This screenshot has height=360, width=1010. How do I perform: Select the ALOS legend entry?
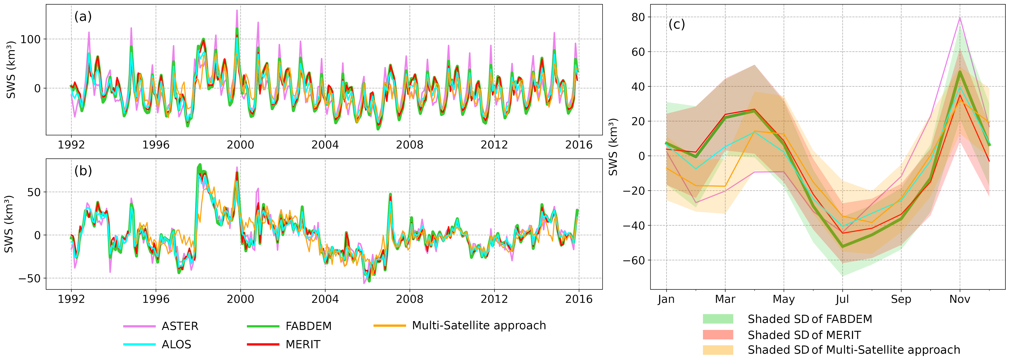click(x=176, y=344)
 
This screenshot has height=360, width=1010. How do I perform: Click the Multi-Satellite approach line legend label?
click(x=479, y=325)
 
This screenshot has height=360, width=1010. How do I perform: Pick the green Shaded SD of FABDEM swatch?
click(x=718, y=319)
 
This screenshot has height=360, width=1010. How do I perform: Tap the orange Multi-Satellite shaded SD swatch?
click(x=718, y=350)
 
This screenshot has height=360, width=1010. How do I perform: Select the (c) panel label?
click(x=676, y=24)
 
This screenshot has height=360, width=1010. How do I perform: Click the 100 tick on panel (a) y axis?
click(x=31, y=39)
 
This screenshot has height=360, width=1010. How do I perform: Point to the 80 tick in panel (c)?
click(x=638, y=17)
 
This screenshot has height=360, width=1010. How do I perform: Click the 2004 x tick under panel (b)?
click(x=325, y=299)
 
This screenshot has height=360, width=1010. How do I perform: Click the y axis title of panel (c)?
click(x=613, y=147)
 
